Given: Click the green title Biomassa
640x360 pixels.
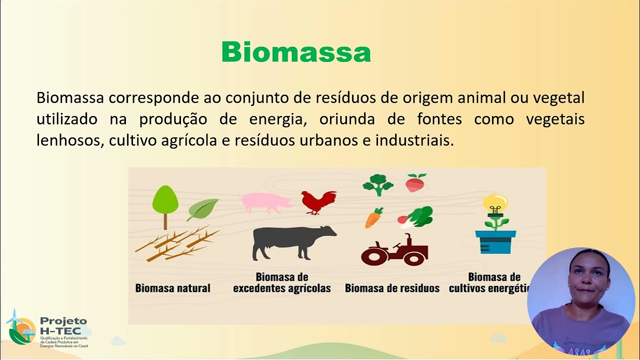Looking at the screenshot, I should click(296, 52).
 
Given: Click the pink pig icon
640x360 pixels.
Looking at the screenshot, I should click(266, 203).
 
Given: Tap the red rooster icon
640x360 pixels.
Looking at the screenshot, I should click(318, 202).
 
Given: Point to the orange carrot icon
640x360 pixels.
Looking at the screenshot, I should click(373, 218).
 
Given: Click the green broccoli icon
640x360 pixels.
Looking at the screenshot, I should click(378, 184).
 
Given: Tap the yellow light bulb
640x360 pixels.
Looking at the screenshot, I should click(495, 203).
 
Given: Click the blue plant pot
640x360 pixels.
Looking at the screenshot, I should click(495, 242).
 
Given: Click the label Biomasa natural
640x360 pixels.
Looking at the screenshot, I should click(172, 288).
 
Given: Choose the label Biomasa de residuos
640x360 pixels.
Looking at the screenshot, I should click(392, 288).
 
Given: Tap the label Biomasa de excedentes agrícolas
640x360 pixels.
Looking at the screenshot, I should click(282, 282).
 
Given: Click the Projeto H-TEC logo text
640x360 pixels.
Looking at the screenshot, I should click(63, 325).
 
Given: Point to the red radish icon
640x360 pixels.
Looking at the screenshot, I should click(415, 183).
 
